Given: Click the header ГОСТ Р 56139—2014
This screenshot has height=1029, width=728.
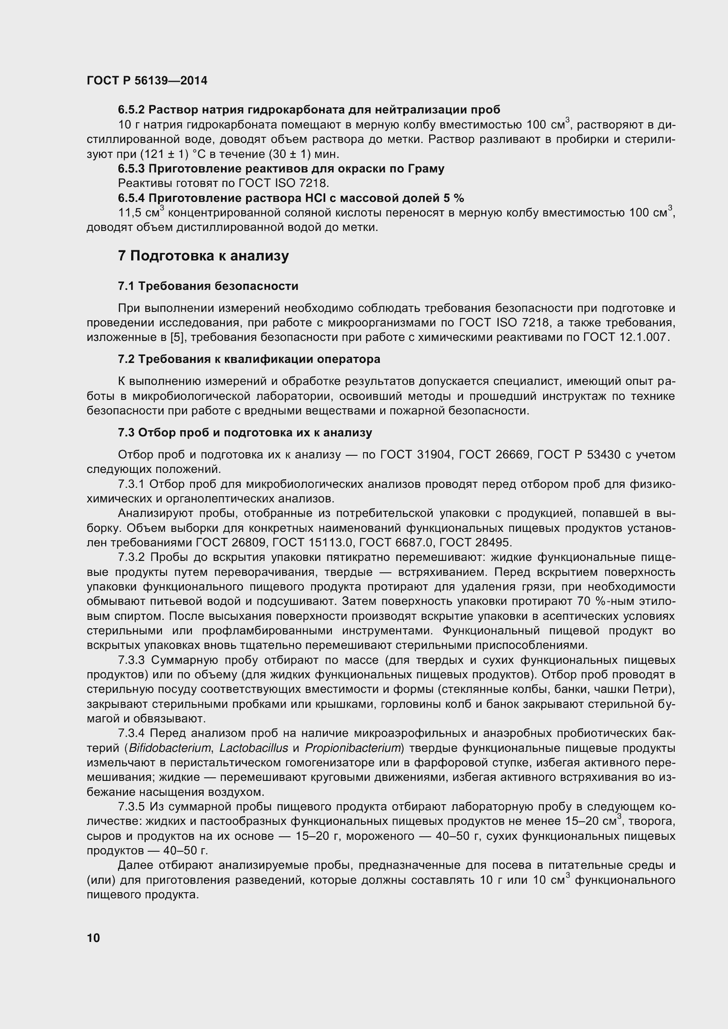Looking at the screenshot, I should (x=147, y=81).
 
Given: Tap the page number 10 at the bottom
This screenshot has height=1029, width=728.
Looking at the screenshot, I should (x=94, y=938).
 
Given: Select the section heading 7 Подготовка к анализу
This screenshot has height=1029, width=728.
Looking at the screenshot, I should (x=203, y=256).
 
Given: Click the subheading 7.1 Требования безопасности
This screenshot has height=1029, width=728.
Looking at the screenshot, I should (x=208, y=286).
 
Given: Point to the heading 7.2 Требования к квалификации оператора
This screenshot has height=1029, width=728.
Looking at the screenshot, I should (x=249, y=359).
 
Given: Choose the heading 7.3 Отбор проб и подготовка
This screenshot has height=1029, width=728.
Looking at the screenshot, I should (x=245, y=432).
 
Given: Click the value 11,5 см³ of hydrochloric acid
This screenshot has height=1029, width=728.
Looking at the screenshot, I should (x=141, y=212).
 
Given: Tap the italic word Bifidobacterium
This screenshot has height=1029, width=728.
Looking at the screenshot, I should (x=169, y=748).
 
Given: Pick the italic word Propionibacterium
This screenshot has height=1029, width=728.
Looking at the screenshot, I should (x=353, y=748).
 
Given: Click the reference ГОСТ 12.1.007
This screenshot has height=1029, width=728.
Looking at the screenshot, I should (x=625, y=337).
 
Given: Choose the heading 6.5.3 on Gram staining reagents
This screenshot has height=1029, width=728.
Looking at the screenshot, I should (x=281, y=169).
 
